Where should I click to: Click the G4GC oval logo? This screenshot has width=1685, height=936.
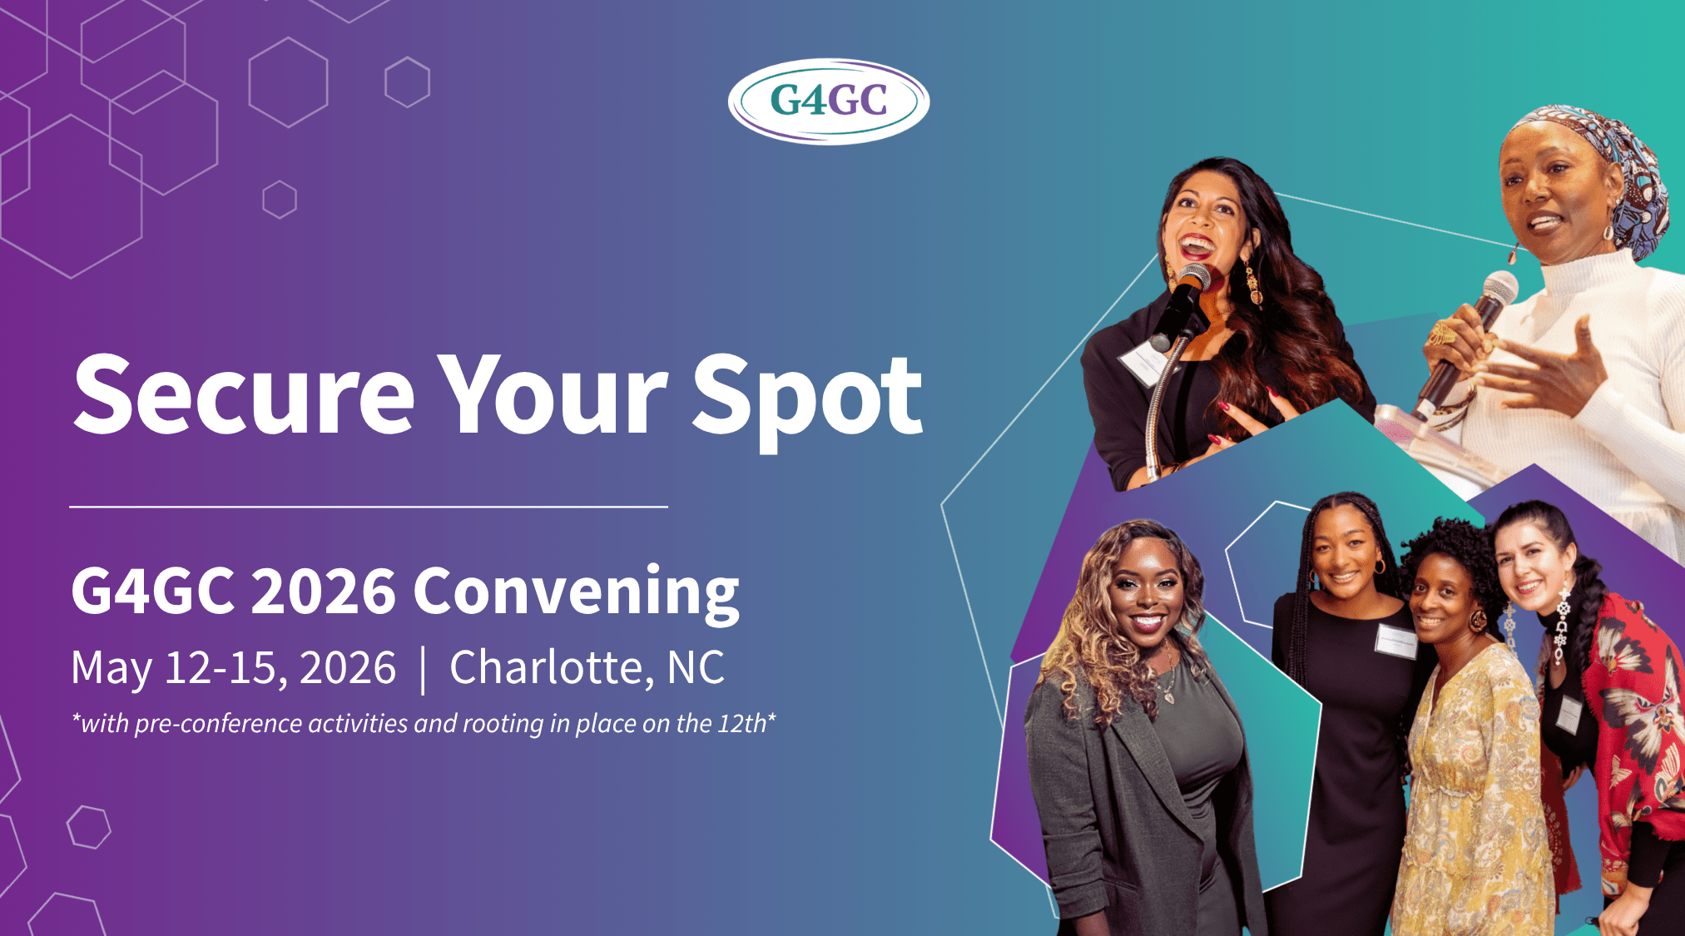829,101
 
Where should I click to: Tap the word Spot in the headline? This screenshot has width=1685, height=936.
807,402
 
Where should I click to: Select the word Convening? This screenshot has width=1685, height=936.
576,593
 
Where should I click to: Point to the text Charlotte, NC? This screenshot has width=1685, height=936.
587,668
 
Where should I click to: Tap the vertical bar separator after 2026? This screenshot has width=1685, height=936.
424,670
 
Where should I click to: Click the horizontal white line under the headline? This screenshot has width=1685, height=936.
369,506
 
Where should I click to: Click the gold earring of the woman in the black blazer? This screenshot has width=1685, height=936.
1250,283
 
